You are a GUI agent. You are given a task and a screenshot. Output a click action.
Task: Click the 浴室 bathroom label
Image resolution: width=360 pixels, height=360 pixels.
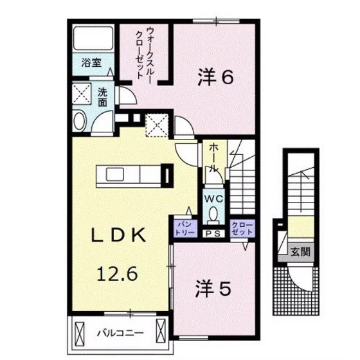pyautogui.click(x=91, y=63)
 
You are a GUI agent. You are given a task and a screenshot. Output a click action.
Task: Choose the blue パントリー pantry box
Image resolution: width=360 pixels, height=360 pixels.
pyautogui.click(x=181, y=226)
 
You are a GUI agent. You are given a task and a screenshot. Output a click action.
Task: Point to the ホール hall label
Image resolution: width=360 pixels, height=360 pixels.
pyautogui.click(x=213, y=157)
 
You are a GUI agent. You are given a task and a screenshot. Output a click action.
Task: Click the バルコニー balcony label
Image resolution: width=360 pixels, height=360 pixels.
pyautogui.click(x=121, y=333)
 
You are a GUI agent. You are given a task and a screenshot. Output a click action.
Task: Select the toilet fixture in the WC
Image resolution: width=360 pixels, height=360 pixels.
pyautogui.click(x=214, y=215)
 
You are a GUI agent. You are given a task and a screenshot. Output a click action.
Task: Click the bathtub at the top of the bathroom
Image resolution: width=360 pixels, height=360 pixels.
pyautogui.click(x=91, y=39)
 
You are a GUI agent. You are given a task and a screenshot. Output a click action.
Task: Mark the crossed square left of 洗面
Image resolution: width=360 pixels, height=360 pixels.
pyautogui.click(x=82, y=94)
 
